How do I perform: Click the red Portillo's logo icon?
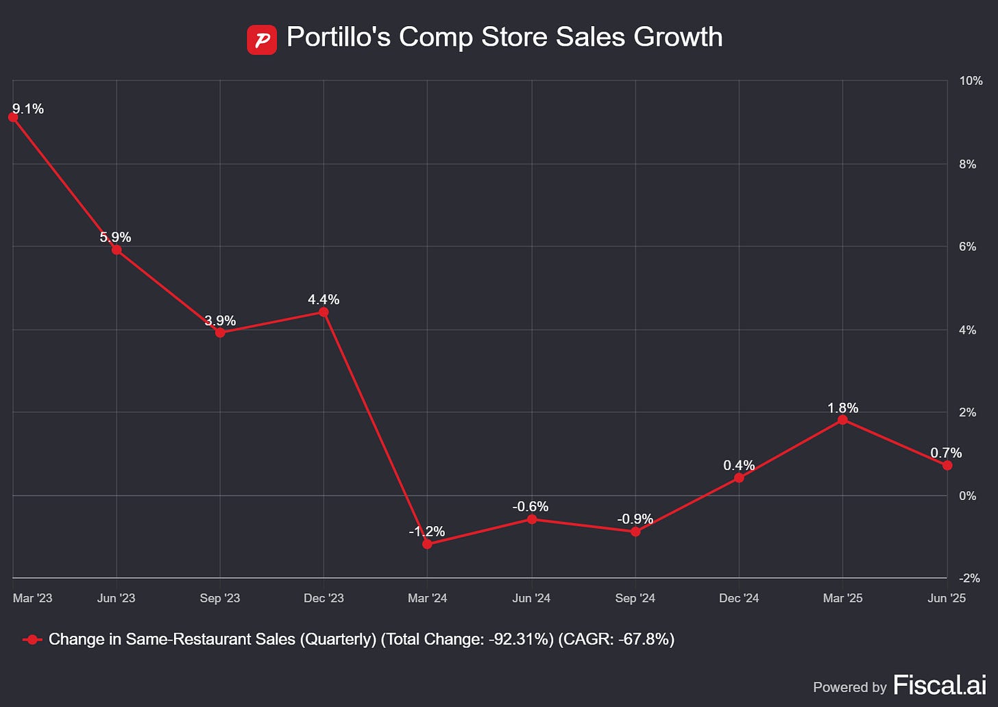tap(262, 40)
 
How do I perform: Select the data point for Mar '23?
tap(13, 117)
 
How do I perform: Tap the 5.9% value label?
tap(115, 237)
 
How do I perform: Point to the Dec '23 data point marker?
tap(324, 312)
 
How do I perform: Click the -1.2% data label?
tap(427, 531)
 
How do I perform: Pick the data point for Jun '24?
tap(532, 519)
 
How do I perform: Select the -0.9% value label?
tap(635, 519)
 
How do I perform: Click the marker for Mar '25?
tap(842, 420)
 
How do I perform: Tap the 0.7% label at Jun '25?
tap(946, 453)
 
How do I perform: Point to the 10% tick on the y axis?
tap(971, 81)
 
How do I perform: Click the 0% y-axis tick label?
tap(968, 495)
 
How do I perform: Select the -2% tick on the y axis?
tap(969, 578)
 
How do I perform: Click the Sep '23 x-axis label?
tap(220, 598)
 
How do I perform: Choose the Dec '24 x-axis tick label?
tap(739, 598)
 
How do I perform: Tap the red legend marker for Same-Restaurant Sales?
tap(32, 640)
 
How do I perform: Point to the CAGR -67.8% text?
tap(616, 639)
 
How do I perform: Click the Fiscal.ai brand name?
tap(940, 685)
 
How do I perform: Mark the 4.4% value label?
tap(324, 299)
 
